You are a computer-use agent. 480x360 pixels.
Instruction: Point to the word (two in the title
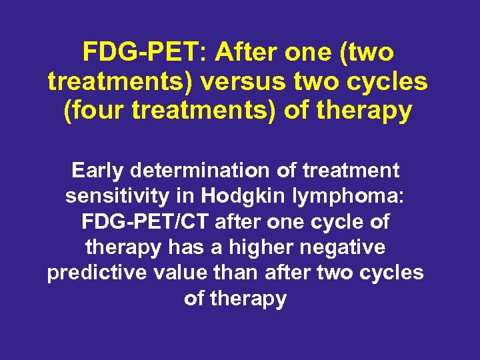click(x=367, y=51)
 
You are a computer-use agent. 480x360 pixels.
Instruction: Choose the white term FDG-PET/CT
click(x=153, y=222)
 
